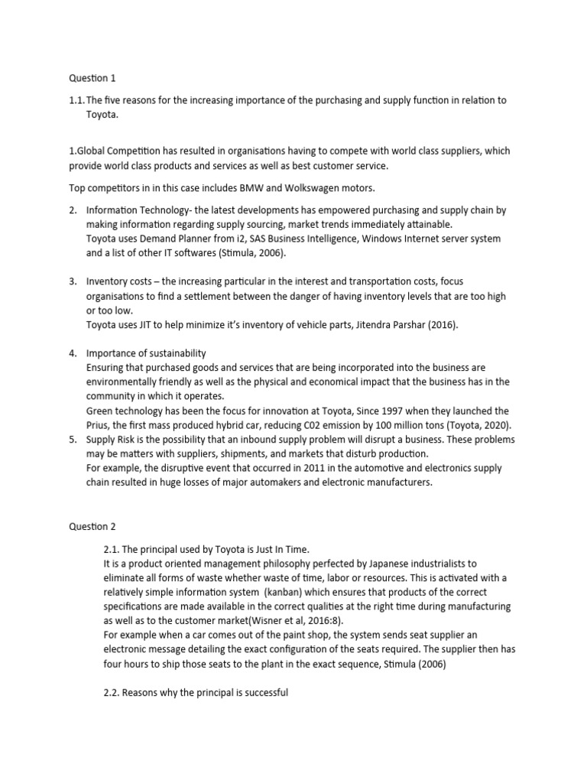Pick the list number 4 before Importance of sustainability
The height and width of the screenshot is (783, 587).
(x=73, y=353)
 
